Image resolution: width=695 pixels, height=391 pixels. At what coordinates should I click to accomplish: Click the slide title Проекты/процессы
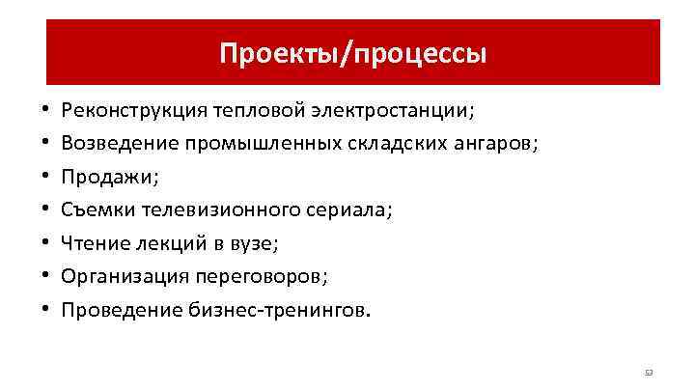[352, 53]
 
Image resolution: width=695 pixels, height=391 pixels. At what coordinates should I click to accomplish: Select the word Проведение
[117, 310]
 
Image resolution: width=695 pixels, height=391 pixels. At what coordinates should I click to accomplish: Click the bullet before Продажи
[45, 178]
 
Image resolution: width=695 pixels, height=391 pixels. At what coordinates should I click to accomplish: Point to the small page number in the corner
[649, 371]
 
